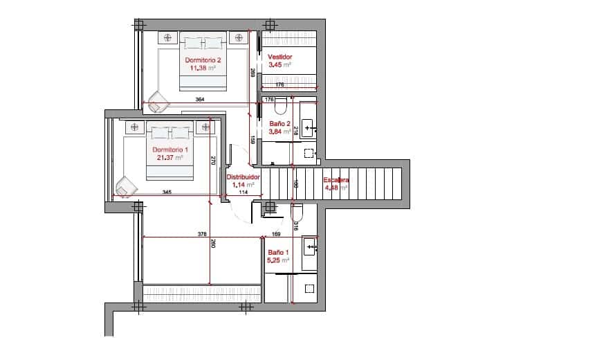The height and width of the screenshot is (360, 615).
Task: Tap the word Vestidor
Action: (x=280, y=57)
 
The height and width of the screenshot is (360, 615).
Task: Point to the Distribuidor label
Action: (x=243, y=177)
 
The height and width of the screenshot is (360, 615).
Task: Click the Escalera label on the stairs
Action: (x=336, y=180)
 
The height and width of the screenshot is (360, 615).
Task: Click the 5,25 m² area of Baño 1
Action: (x=278, y=260)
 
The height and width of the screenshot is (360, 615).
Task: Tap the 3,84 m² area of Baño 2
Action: (x=279, y=131)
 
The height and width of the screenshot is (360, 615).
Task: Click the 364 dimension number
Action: (x=200, y=100)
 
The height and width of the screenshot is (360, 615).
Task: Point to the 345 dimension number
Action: (x=167, y=192)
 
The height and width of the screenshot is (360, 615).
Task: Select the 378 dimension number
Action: (x=202, y=234)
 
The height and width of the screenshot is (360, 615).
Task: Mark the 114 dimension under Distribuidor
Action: (x=243, y=192)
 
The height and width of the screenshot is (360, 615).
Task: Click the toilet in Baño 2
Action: (x=280, y=107)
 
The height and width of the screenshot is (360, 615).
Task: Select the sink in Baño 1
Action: (x=310, y=246)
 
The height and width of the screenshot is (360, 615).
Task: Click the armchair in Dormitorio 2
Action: (x=158, y=101)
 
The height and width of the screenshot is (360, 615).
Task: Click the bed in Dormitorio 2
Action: (x=203, y=62)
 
